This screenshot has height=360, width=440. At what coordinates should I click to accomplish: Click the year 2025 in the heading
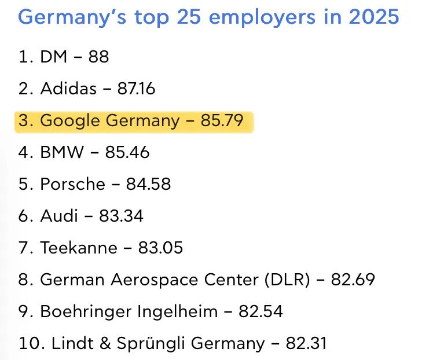(374, 16)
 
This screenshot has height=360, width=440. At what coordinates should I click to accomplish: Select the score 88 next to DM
(98, 57)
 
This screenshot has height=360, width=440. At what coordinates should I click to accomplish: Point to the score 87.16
(136, 89)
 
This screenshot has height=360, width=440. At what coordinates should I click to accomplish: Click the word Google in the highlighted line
(71, 121)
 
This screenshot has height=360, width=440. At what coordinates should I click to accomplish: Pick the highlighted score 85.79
(222, 121)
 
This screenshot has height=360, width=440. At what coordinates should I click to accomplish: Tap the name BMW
(62, 153)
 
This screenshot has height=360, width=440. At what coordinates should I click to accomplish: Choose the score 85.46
(127, 153)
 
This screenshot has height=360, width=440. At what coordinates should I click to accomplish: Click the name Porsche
(72, 185)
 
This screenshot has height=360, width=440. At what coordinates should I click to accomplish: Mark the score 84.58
(149, 185)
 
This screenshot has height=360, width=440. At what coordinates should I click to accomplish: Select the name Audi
(59, 216)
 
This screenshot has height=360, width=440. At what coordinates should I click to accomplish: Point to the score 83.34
(121, 216)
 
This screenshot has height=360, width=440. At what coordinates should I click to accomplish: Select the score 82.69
(353, 280)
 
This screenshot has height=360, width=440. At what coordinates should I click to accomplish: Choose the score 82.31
(306, 343)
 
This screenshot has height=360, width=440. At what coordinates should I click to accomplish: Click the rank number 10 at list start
(27, 343)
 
